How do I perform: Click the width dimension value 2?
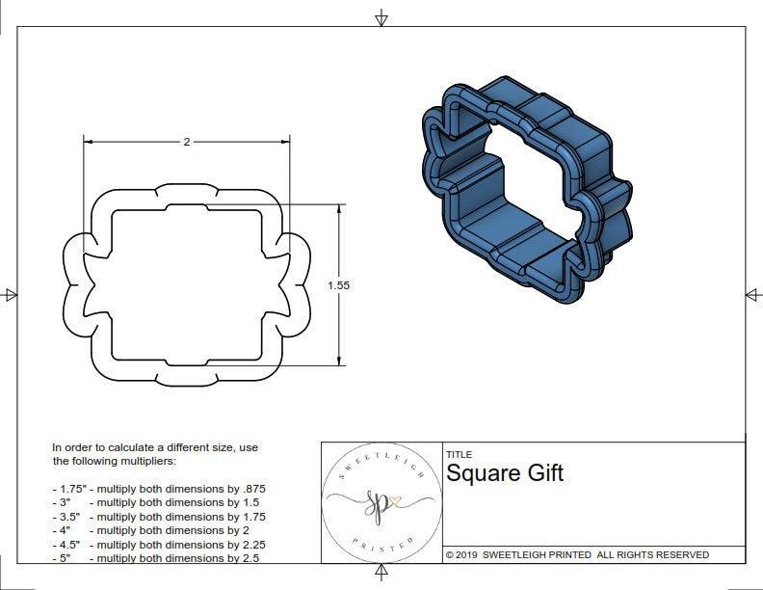pyautogui.click(x=186, y=142)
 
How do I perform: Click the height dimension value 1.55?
pyautogui.click(x=338, y=285)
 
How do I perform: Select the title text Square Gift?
pyautogui.click(x=504, y=473)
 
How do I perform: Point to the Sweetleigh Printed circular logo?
pyautogui.click(x=377, y=501)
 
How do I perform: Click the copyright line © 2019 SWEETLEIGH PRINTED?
pyautogui.click(x=577, y=554)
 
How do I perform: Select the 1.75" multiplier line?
pyautogui.click(x=159, y=490)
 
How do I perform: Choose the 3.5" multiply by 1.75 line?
pyautogui.click(x=159, y=517)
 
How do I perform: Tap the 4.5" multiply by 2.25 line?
pyautogui.click(x=159, y=544)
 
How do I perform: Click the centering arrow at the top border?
pyautogui.click(x=381, y=18)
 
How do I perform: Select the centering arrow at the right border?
pyautogui.click(x=751, y=295)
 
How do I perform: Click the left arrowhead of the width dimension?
pyautogui.click(x=88, y=142)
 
